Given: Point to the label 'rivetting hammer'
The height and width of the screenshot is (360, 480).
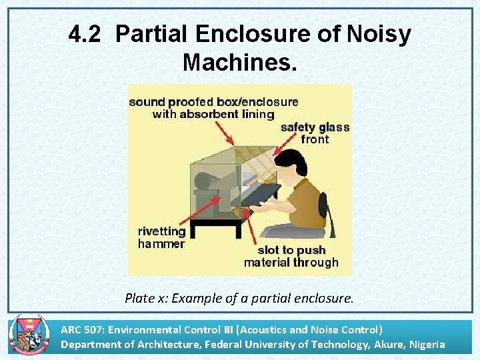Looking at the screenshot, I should point(161,238).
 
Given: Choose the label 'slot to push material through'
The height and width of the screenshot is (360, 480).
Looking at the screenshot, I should point(291,256).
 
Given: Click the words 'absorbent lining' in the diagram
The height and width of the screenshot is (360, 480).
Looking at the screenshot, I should point(213,114).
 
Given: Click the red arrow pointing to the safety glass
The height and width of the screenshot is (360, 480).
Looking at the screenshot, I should point(283,147).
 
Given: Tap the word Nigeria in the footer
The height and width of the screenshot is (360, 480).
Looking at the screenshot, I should point(422,344).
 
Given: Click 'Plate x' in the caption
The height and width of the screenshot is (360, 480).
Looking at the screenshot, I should point(145,298).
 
